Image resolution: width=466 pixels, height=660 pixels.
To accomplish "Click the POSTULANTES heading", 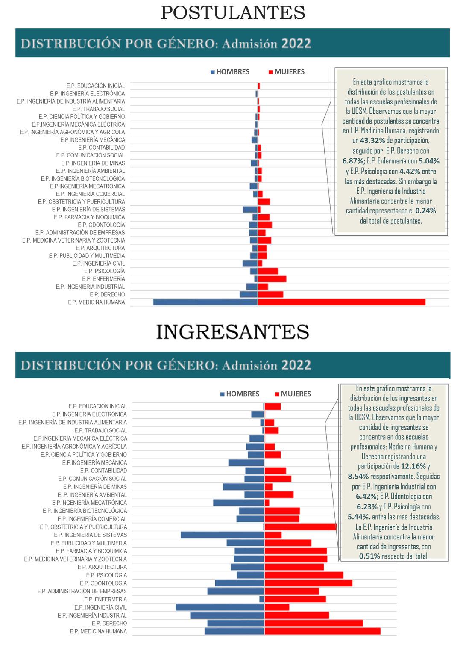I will pyautogui.click(x=233, y=13).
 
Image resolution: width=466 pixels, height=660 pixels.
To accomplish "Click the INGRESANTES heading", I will pyautogui.click(x=233, y=331).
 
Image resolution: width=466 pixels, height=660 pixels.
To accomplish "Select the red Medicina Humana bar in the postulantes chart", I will pyautogui.click(x=341, y=302).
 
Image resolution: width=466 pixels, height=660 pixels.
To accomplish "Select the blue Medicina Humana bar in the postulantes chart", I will pyautogui.click(x=205, y=302).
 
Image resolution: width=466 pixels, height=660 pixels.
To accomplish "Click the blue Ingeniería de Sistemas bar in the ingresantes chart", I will pyautogui.click(x=222, y=535).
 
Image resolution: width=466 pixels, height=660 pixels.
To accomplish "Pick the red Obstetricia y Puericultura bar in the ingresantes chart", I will pyautogui.click(x=301, y=527).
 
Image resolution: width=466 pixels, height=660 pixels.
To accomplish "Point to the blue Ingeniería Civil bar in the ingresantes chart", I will pyautogui.click(x=220, y=607).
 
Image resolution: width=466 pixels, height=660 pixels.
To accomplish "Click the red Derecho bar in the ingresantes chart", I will pyautogui.click(x=314, y=623).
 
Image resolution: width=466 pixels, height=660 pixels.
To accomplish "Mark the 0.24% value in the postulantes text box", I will pyautogui.click(x=425, y=210).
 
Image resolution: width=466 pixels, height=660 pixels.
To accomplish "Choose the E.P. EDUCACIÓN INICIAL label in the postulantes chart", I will pyautogui.click(x=96, y=86).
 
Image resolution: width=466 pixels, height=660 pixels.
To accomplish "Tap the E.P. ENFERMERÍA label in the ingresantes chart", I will pyautogui.click(x=106, y=599).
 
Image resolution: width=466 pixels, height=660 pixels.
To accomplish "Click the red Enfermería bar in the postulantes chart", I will pyautogui.click(x=272, y=279).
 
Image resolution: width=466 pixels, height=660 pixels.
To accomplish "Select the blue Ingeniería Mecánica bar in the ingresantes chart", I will pyautogui.click(x=246, y=462).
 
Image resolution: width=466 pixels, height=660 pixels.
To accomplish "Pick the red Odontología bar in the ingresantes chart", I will pyautogui.click(x=308, y=583).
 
